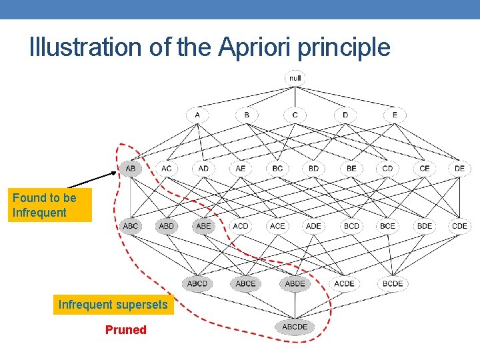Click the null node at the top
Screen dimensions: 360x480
pos(295,78)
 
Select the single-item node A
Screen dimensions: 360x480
pos(197,115)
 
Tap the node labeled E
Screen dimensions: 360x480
pos(395,115)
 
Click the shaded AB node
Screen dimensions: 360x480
pos(131,169)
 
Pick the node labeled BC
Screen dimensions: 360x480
pos(277,169)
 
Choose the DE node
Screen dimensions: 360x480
pos(459,169)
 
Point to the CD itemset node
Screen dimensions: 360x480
pos(387,169)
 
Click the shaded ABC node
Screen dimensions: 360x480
pos(131,226)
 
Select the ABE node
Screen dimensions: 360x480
pos(203,226)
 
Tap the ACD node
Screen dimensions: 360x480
pos(240,226)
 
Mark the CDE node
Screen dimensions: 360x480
pos(459,226)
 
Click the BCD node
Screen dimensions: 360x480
pos(351,226)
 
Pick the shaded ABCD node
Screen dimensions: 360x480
pos(197,283)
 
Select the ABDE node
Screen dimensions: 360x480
pos(295,283)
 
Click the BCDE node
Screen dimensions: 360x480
pos(393,283)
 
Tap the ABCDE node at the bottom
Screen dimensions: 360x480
pos(295,327)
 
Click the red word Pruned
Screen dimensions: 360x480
pos(125,330)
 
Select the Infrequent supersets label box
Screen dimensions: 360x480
pos(113,305)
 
